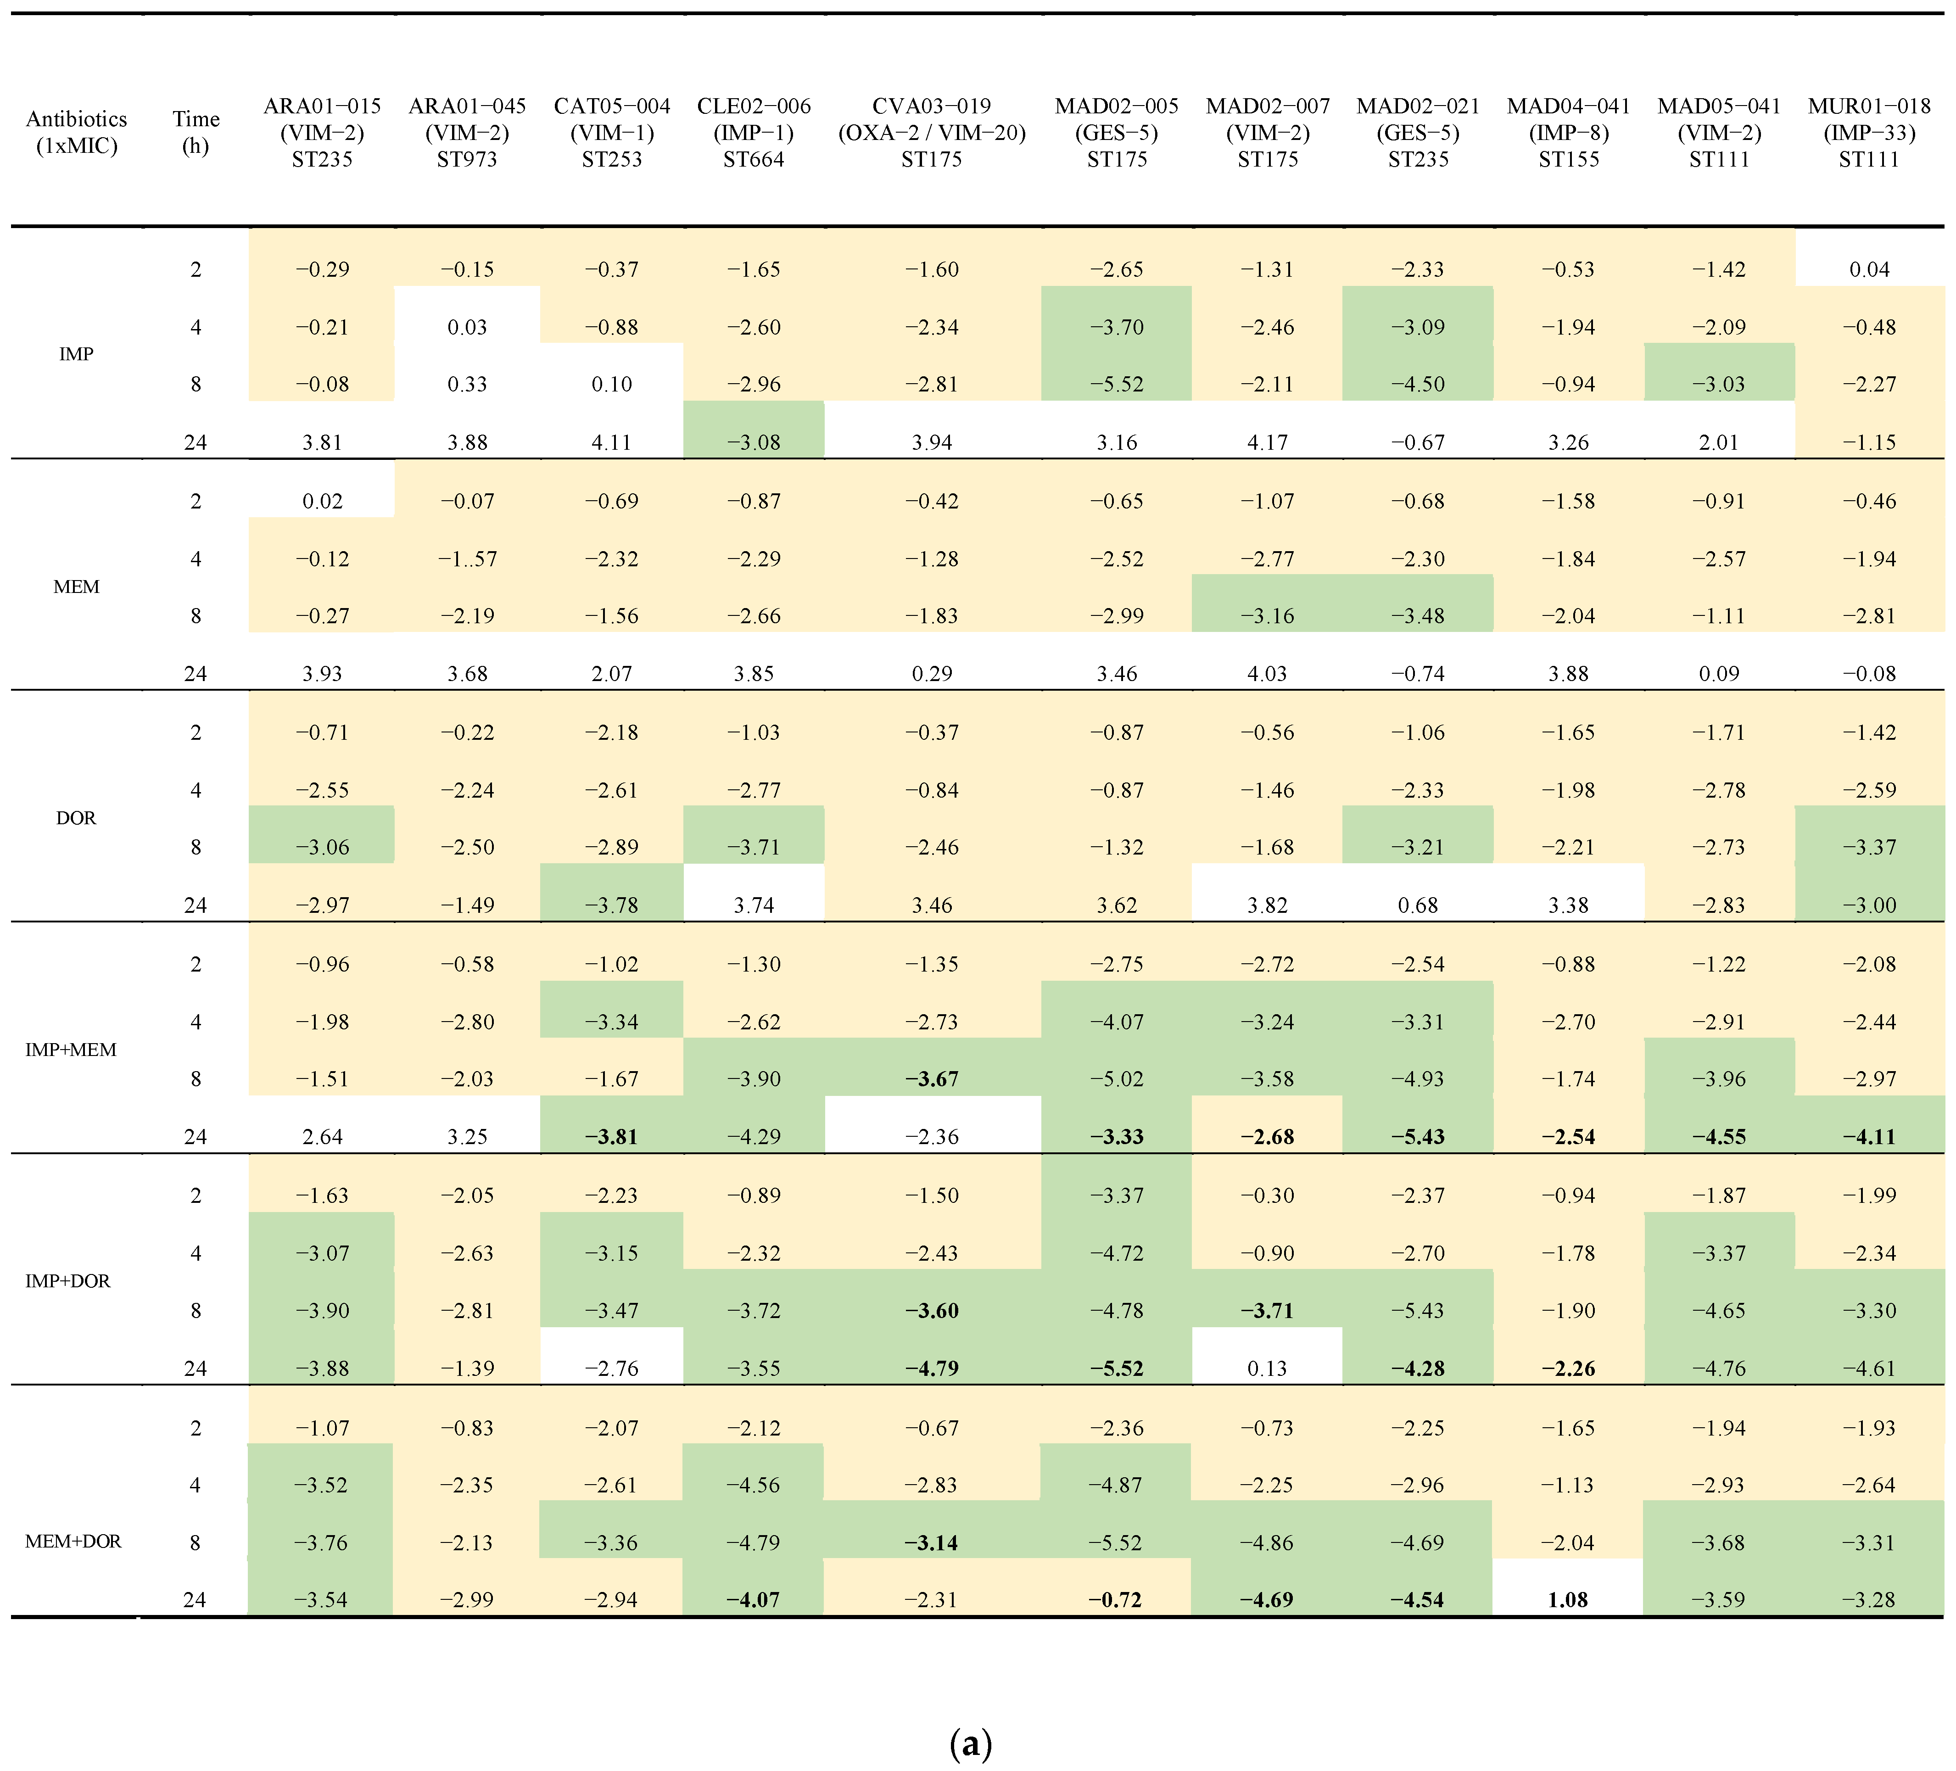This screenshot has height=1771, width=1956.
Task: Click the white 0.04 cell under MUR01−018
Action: pos(1869,270)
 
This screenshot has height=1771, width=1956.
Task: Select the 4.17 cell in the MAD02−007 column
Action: pos(1267,442)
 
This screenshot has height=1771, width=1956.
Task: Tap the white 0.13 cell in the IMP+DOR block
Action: pos(1267,1368)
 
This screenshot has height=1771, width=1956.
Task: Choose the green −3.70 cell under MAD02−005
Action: pos(1117,327)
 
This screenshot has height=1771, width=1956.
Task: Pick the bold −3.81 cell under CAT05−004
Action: pos(612,1136)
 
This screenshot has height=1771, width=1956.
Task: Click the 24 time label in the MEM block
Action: pos(196,673)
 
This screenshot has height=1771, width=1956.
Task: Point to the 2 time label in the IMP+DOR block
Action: pos(196,1196)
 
